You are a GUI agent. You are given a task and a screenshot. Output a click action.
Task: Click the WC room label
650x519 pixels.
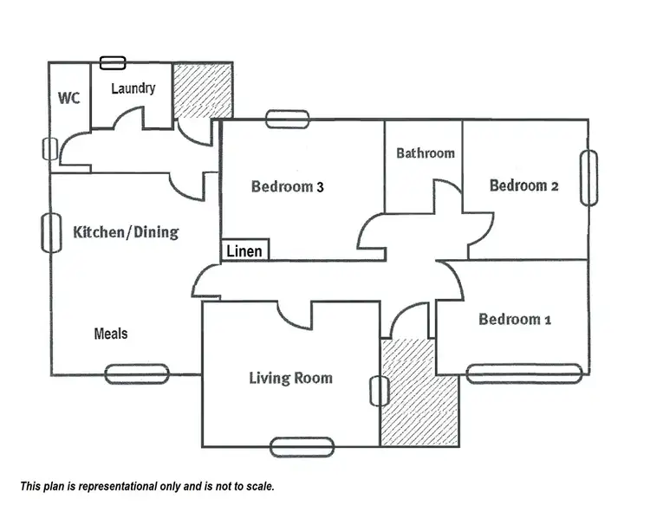tap(68, 97)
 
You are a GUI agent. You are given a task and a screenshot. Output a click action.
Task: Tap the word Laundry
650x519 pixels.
tap(133, 88)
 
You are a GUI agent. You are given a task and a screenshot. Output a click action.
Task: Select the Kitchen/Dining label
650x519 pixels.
tap(126, 232)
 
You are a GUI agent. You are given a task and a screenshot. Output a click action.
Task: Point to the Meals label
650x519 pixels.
tap(111, 334)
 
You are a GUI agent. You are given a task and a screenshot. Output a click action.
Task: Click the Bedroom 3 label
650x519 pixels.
tap(287, 185)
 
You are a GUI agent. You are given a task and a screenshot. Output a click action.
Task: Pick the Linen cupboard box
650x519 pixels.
tap(245, 251)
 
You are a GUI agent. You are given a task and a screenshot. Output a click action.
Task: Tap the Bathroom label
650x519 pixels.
tap(425, 153)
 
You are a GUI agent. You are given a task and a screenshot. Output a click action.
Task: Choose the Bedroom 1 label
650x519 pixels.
tap(515, 320)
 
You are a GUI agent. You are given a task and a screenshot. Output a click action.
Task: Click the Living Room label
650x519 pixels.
tap(290, 378)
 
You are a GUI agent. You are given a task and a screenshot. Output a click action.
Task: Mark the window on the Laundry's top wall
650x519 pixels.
tap(112, 62)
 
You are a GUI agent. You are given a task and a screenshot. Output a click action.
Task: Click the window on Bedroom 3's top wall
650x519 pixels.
tap(287, 120)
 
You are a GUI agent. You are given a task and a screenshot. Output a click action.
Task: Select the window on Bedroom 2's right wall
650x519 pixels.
tap(588, 178)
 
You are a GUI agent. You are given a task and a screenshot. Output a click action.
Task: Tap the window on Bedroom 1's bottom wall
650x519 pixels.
tap(523, 373)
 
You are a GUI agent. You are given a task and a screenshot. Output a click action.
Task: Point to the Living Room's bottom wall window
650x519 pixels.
tap(302, 447)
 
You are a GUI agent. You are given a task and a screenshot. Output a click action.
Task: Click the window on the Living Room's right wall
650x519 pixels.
tap(379, 392)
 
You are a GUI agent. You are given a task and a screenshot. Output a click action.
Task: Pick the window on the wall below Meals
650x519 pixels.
tap(136, 373)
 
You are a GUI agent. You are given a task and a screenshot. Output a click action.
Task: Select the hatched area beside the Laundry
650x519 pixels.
tap(202, 89)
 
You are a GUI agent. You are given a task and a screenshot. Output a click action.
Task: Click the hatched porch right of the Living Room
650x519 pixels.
tap(419, 392)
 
